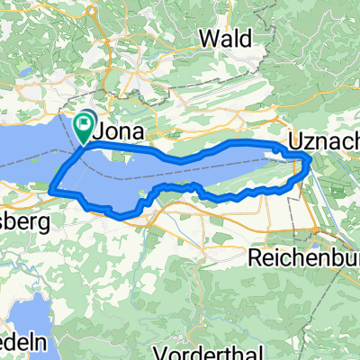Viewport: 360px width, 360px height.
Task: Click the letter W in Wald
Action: click(205, 38)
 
